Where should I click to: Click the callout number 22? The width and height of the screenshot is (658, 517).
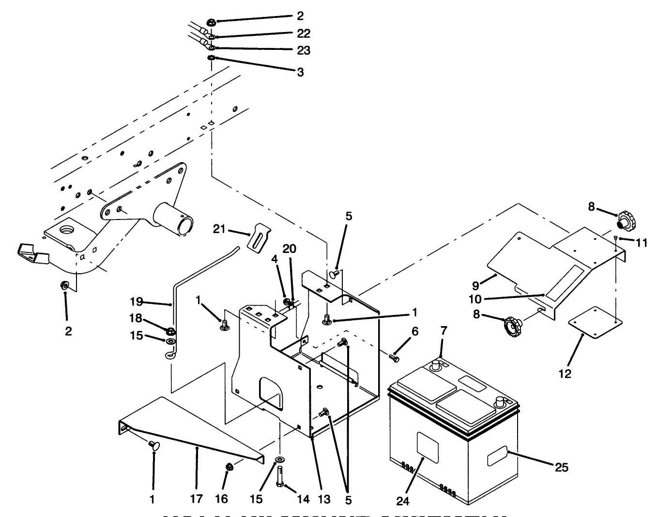point(304,33)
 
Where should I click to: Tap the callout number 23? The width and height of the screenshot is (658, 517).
point(304,50)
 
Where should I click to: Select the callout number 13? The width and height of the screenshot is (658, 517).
point(324,499)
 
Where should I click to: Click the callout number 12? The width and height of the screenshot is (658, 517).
point(565,374)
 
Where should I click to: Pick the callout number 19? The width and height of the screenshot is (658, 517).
point(137,302)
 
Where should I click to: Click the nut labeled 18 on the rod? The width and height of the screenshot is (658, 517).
point(170,331)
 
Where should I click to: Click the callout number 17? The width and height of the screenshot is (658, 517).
point(197,499)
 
